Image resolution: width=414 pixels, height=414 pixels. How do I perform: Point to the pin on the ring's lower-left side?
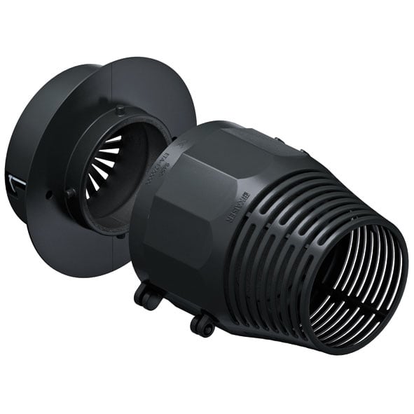click(x=70, y=193)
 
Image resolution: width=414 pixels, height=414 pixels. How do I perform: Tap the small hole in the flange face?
click(x=48, y=195)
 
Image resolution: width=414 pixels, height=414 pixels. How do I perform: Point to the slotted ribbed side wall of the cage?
click(x=280, y=231)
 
